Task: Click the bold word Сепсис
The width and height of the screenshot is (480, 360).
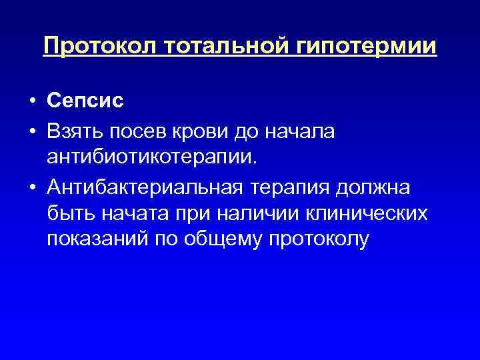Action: coord(86,103)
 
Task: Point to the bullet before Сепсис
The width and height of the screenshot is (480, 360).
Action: coord(32,103)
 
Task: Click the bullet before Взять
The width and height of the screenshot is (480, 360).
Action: coord(32,133)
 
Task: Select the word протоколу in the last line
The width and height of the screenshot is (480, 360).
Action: coord(321,240)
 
